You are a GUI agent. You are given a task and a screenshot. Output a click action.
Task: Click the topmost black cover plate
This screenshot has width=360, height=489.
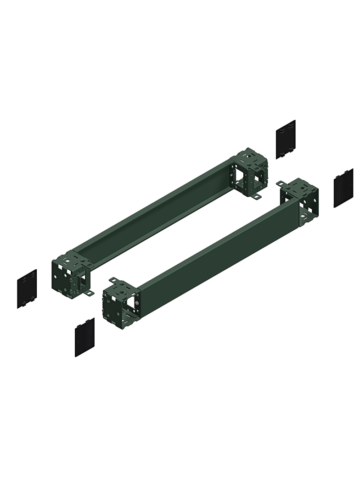coord(285,139)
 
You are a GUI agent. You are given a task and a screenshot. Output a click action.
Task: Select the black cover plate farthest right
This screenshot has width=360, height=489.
coord(343,188)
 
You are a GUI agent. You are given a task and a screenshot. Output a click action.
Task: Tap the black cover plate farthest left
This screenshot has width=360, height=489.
coord(27,289)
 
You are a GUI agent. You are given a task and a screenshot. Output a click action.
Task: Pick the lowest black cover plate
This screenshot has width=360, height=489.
coord(84,337)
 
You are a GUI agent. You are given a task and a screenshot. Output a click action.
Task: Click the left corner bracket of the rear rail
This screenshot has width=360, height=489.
coord(70,274)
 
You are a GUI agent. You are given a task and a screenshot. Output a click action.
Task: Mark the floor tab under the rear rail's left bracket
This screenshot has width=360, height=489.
coord(90,293)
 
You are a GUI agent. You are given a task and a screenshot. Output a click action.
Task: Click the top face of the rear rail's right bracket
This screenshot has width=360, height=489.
coord(250,158)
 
